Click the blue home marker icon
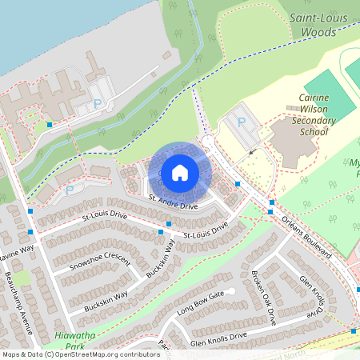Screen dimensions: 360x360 [180, 172]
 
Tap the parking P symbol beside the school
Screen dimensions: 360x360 [242, 122]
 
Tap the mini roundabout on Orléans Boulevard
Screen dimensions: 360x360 [208, 142]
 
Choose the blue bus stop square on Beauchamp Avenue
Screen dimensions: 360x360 [30, 232]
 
